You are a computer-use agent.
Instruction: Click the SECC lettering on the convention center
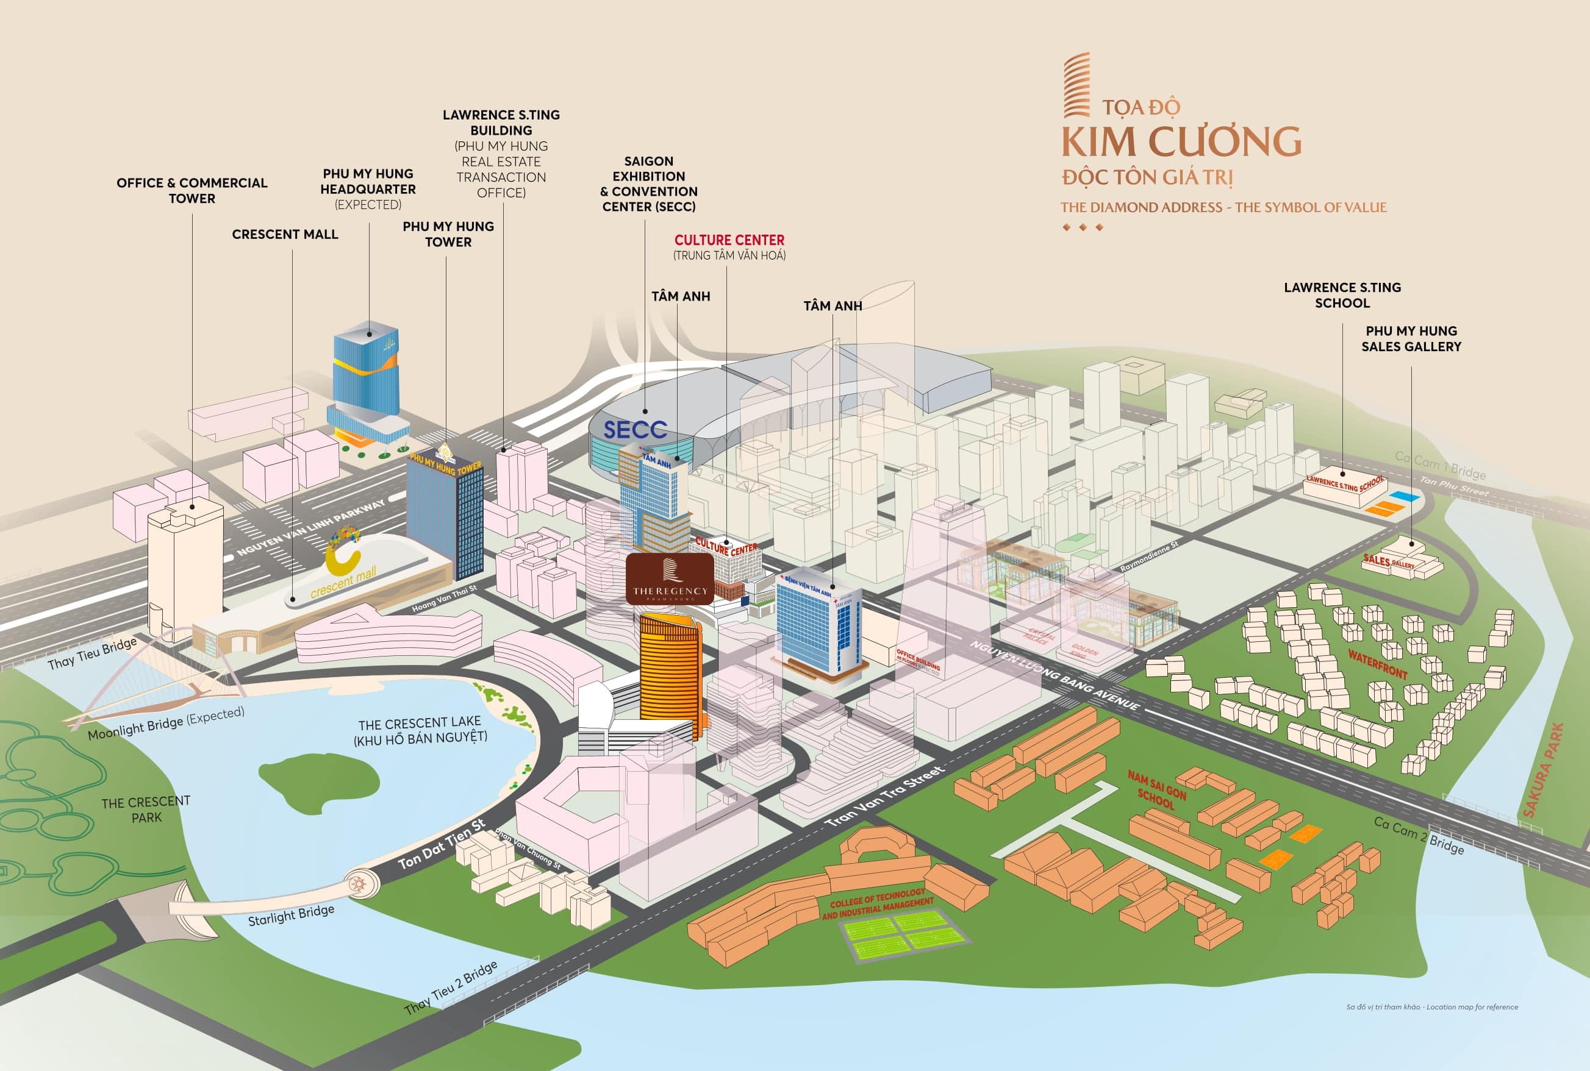point(635,430)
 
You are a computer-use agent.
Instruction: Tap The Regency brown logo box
point(670,579)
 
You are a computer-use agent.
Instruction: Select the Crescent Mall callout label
point(285,234)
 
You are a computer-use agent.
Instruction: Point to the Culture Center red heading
point(729,240)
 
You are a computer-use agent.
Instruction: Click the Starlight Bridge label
point(291,914)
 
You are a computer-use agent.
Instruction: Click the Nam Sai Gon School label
point(1157,789)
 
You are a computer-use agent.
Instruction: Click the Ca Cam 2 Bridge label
point(1419,834)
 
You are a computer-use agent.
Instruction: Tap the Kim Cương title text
point(1181,141)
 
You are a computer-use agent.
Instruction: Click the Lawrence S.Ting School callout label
point(1342,295)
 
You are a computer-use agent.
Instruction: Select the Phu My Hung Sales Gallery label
point(1411,338)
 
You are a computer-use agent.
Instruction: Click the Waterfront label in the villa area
point(1378,664)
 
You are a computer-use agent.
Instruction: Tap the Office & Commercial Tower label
point(192,191)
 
